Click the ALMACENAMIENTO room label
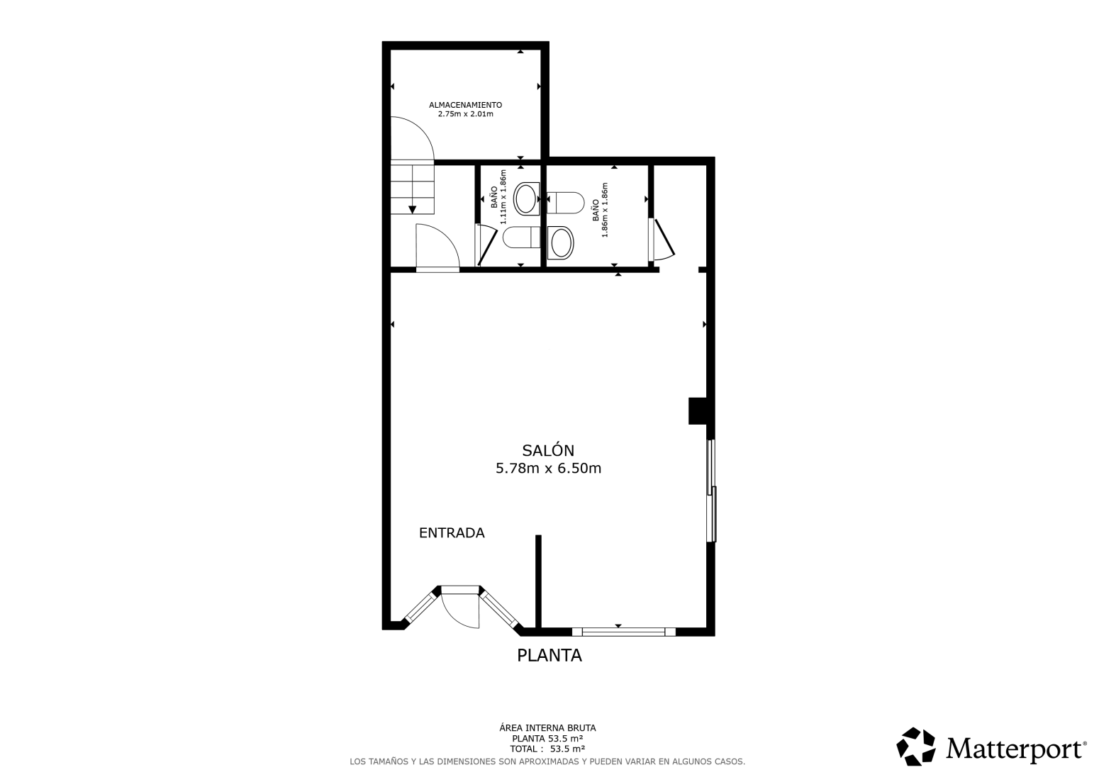465,105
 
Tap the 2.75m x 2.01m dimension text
465,114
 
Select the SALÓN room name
548,449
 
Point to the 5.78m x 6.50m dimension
548,469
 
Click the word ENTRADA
452,532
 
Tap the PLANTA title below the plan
549,655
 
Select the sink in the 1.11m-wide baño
526,199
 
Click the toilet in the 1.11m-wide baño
522,237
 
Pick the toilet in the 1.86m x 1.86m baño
565,203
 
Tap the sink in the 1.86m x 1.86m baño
560,242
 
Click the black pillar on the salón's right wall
697,410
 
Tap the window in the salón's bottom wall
623,632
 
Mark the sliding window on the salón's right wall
711,491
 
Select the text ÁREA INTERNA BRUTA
547,728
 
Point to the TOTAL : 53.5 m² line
547,749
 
